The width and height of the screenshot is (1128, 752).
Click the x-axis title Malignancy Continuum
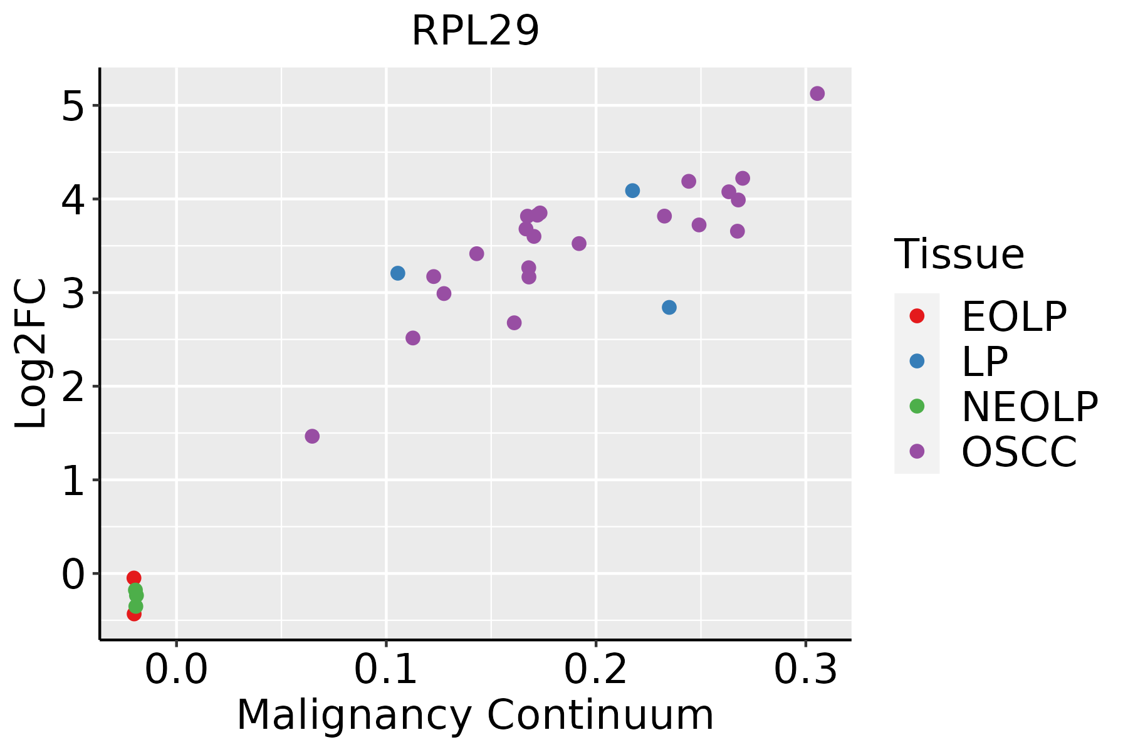pyautogui.click(x=475, y=716)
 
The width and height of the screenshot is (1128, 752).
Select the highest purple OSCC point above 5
pyautogui.click(x=817, y=93)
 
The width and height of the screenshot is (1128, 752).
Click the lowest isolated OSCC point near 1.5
pyautogui.click(x=312, y=436)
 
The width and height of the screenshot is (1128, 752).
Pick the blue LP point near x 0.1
pyautogui.click(x=398, y=273)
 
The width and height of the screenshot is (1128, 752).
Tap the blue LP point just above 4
pyautogui.click(x=632, y=191)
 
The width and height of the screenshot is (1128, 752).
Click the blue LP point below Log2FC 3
pyautogui.click(x=669, y=307)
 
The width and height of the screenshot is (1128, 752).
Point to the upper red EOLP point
pyautogui.click(x=133, y=578)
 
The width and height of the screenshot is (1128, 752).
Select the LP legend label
pyautogui.click(x=984, y=362)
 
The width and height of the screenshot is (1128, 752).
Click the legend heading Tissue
pyautogui.click(x=959, y=254)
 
